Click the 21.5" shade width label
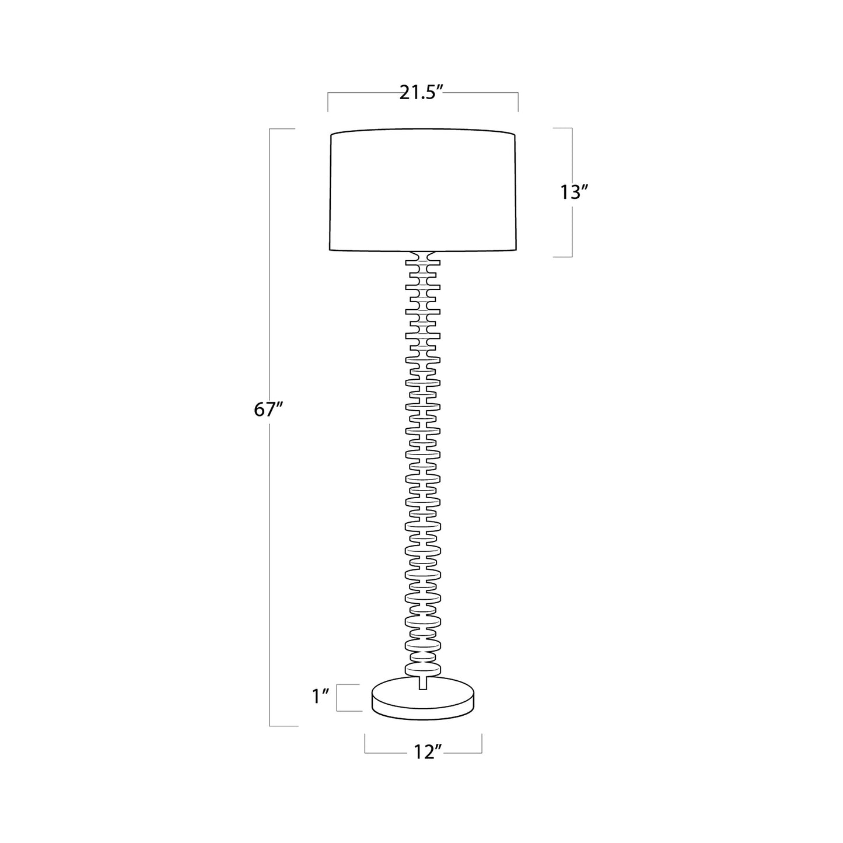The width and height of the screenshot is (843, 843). click(x=422, y=93)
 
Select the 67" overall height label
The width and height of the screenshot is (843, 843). click(x=268, y=410)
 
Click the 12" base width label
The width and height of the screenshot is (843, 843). click(x=423, y=753)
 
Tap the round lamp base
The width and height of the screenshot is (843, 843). click(x=424, y=700)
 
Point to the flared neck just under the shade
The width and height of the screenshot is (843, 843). click(x=422, y=256)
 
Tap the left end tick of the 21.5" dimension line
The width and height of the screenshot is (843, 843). click(x=328, y=102)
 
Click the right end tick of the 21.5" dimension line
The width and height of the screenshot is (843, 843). click(x=518, y=102)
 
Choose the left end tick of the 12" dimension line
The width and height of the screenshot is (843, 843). click(x=365, y=743)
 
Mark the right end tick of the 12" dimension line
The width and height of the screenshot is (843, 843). click(x=482, y=743)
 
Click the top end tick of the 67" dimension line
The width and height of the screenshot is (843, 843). click(x=282, y=128)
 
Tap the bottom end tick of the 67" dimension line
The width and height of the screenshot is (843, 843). click(x=284, y=726)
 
